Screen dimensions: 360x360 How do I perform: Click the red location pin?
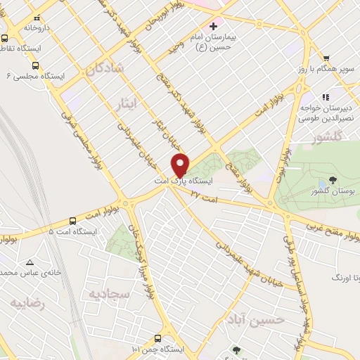pos(180,165)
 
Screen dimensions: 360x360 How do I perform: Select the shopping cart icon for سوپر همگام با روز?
pos(325,58)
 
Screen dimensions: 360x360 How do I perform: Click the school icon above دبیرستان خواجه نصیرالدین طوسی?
pos(325,97)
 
